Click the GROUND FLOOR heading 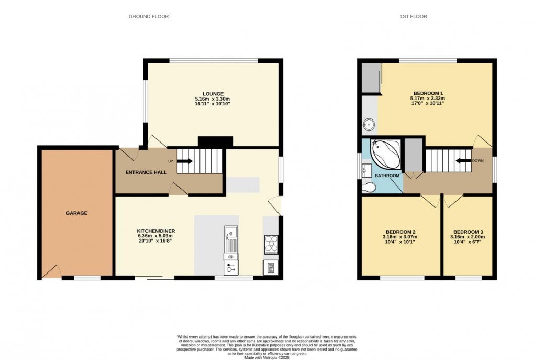point(149,17)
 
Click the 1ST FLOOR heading point(414,17)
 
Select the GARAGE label point(76,213)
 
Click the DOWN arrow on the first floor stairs point(463,161)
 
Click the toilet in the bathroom point(369,188)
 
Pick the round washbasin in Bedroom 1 point(369,125)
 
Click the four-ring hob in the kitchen point(272,244)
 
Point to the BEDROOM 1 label point(428,93)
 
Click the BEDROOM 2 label point(400,232)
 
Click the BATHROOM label point(387,176)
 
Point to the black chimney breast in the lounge point(215,141)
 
